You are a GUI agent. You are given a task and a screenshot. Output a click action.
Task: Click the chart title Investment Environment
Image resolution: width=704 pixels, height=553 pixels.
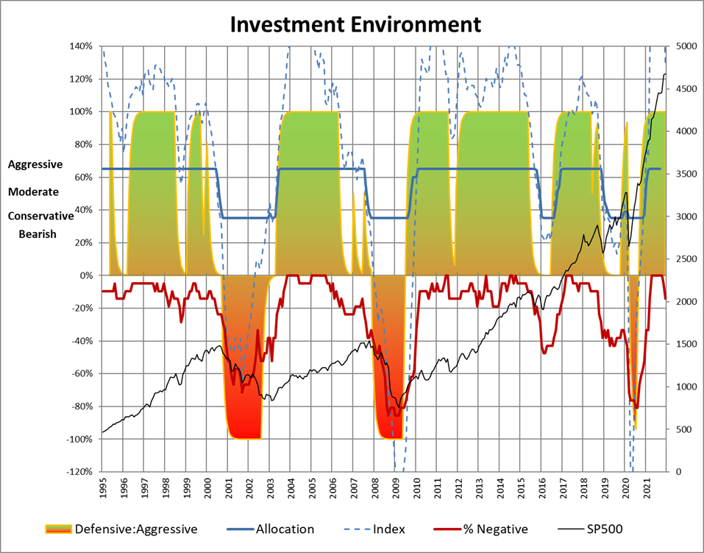tap(356, 24)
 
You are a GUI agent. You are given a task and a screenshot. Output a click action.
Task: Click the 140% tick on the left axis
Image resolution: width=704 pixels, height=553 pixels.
tap(81, 46)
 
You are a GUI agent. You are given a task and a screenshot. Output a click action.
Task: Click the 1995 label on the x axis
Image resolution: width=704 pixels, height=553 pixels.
tap(102, 490)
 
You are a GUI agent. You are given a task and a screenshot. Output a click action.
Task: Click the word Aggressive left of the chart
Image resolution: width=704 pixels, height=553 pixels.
tap(36, 166)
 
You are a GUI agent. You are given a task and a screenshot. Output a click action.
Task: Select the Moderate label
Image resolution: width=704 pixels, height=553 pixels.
tap(34, 192)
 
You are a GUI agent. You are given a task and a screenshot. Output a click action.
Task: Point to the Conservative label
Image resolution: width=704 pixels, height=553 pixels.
tap(40, 216)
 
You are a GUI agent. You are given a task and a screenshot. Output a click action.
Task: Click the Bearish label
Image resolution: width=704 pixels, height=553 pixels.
tap(32, 234)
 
